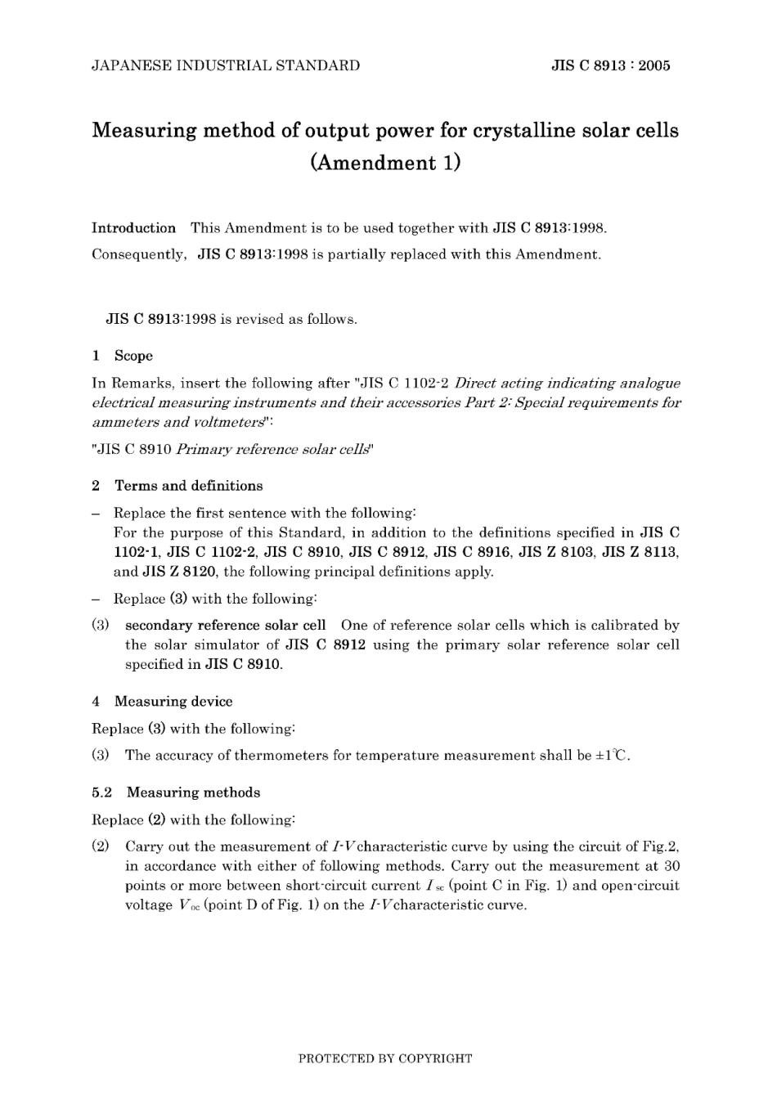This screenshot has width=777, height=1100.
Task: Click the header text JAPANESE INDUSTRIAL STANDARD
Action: pyautogui.click(x=226, y=66)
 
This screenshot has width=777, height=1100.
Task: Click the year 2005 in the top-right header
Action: pyautogui.click(x=654, y=66)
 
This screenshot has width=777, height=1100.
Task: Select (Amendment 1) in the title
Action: pyautogui.click(x=385, y=163)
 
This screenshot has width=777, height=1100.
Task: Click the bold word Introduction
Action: pyautogui.click(x=133, y=228)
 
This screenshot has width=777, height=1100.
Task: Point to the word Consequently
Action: pyautogui.click(x=138, y=254)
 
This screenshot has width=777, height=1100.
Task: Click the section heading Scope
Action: pyautogui.click(x=133, y=356)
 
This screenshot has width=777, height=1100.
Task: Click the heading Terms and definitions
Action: pyautogui.click(x=188, y=486)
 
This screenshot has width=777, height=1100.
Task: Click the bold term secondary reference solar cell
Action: pyautogui.click(x=225, y=626)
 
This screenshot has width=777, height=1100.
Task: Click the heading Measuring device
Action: pyautogui.click(x=173, y=702)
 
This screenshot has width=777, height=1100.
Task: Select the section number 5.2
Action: pyautogui.click(x=102, y=792)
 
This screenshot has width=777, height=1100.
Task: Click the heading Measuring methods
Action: pyautogui.click(x=193, y=792)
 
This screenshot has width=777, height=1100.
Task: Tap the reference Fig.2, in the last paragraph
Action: pyautogui.click(x=660, y=846)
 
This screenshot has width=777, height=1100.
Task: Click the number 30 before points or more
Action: pyautogui.click(x=671, y=866)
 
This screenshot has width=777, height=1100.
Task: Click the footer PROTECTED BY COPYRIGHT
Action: pyautogui.click(x=385, y=1058)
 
